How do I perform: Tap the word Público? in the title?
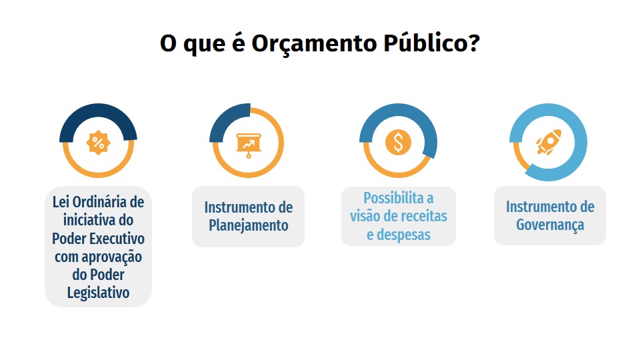coord(431,43)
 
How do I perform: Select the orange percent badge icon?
coord(99,143)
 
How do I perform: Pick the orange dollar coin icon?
coord(399,143)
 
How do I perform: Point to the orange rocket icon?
coord(549,142)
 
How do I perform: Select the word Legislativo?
coord(99,293)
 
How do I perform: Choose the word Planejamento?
coord(249,225)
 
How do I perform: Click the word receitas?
coord(421,216)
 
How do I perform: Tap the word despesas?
coord(403,235)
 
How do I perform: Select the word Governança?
coord(550,225)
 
